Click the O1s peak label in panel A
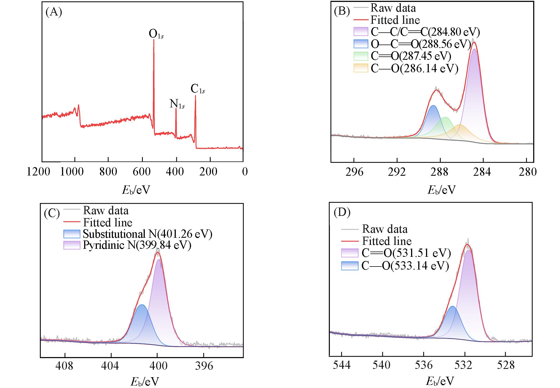tap(156, 34)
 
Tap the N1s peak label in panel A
tap(177, 104)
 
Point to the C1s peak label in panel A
tap(198, 89)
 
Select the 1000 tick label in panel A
tap(72, 172)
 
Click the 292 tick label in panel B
tap(397, 172)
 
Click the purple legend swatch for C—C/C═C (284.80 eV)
tap(361, 32)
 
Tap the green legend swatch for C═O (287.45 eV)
tap(361, 56)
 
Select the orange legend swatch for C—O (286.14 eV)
tap(361, 68)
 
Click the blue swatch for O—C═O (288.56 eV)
tap(361, 44)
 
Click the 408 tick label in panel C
tap(64, 366)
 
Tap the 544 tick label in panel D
tap(342, 365)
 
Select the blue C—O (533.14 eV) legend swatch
tap(350, 266)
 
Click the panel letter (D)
tap(342, 213)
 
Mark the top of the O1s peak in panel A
tap(154, 40)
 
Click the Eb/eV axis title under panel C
tap(144, 382)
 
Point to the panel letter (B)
tap(342, 11)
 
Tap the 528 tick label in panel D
tap(505, 365)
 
